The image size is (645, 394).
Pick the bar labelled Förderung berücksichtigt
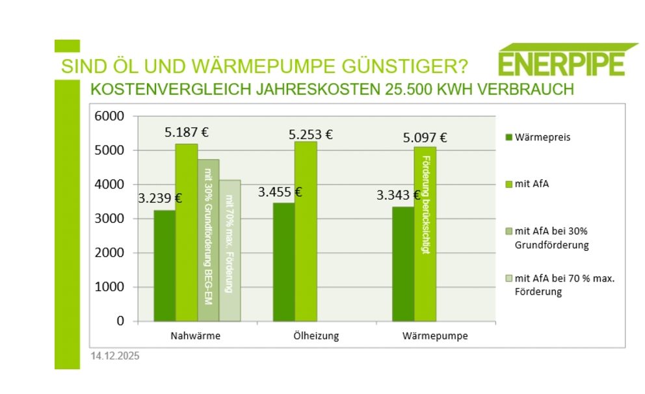pos(425,234)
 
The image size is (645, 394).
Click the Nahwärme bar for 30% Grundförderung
pos(208,240)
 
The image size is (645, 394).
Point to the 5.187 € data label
pos(187,133)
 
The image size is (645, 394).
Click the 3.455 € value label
pos(280,192)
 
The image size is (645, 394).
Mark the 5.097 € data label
pos(425,137)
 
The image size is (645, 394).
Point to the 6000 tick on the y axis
pos(111,116)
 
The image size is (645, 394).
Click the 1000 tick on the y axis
pos(111,287)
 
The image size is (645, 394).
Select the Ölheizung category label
pos(316,336)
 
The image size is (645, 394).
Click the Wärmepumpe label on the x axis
pos(435,336)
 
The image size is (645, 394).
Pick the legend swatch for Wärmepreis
pos(508,137)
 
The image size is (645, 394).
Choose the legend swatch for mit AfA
pos(508,185)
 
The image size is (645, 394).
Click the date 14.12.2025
pos(115,356)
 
